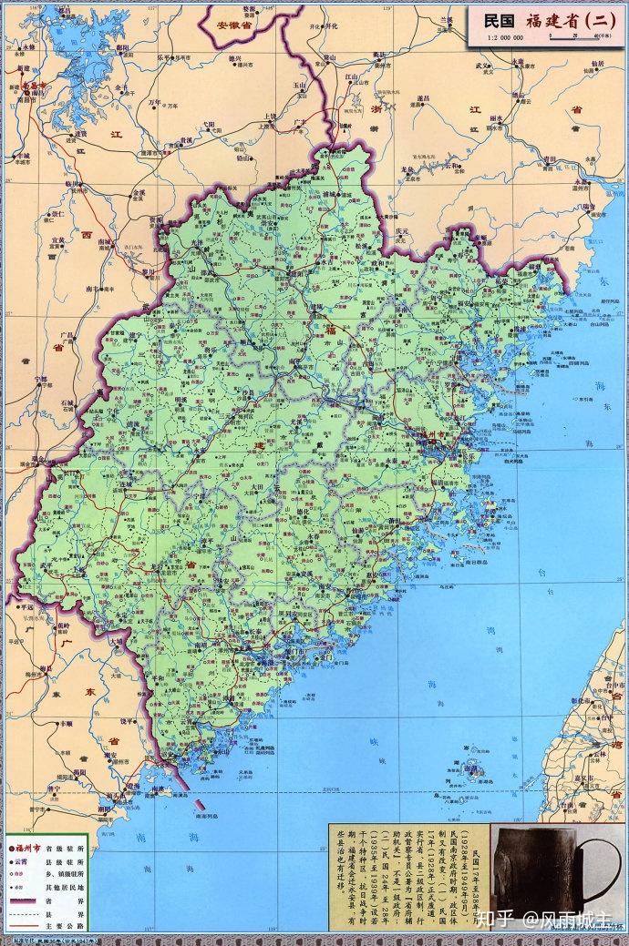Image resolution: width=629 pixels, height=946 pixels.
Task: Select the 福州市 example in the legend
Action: (x=28, y=847)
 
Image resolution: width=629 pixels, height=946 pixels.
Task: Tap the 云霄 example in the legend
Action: (x=25, y=860)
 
